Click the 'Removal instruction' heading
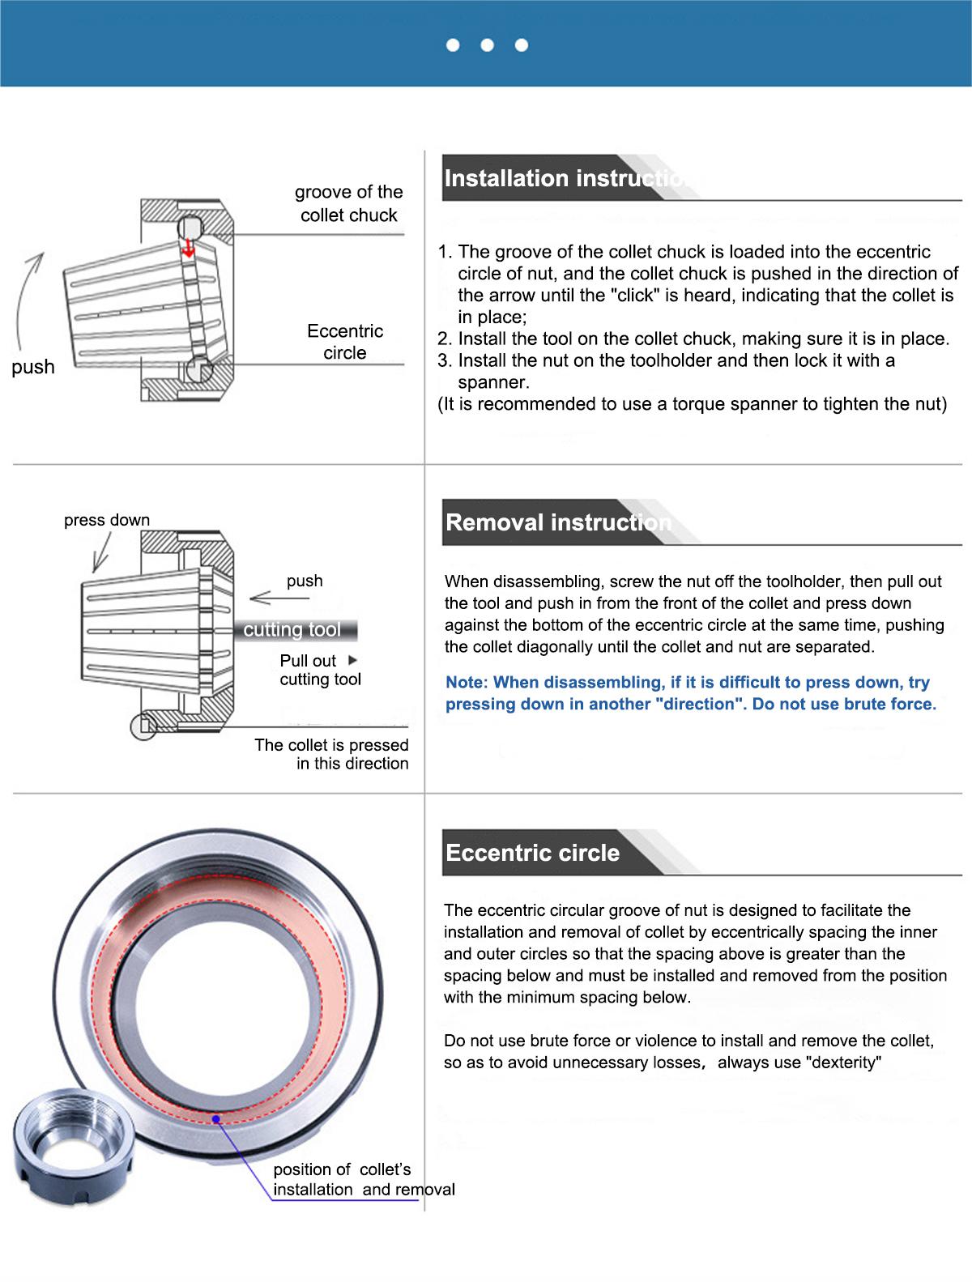pyautogui.click(x=558, y=522)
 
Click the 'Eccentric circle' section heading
pyautogui.click(x=532, y=853)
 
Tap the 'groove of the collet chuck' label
pyautogui.click(x=348, y=203)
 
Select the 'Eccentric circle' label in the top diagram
pyautogui.click(x=345, y=342)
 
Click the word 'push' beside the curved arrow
pyautogui.click(x=33, y=367)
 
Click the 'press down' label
pyautogui.click(x=107, y=520)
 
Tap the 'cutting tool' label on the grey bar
pyautogui.click(x=292, y=630)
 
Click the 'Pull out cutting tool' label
pyautogui.click(x=320, y=670)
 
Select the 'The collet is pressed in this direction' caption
pyautogui.click(x=331, y=754)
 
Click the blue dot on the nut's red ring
pyautogui.click(x=216, y=1119)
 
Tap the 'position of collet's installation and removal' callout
pyautogui.click(x=364, y=1179)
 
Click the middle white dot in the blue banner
pyautogui.click(x=487, y=45)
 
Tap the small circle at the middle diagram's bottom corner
pyautogui.click(x=143, y=726)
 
